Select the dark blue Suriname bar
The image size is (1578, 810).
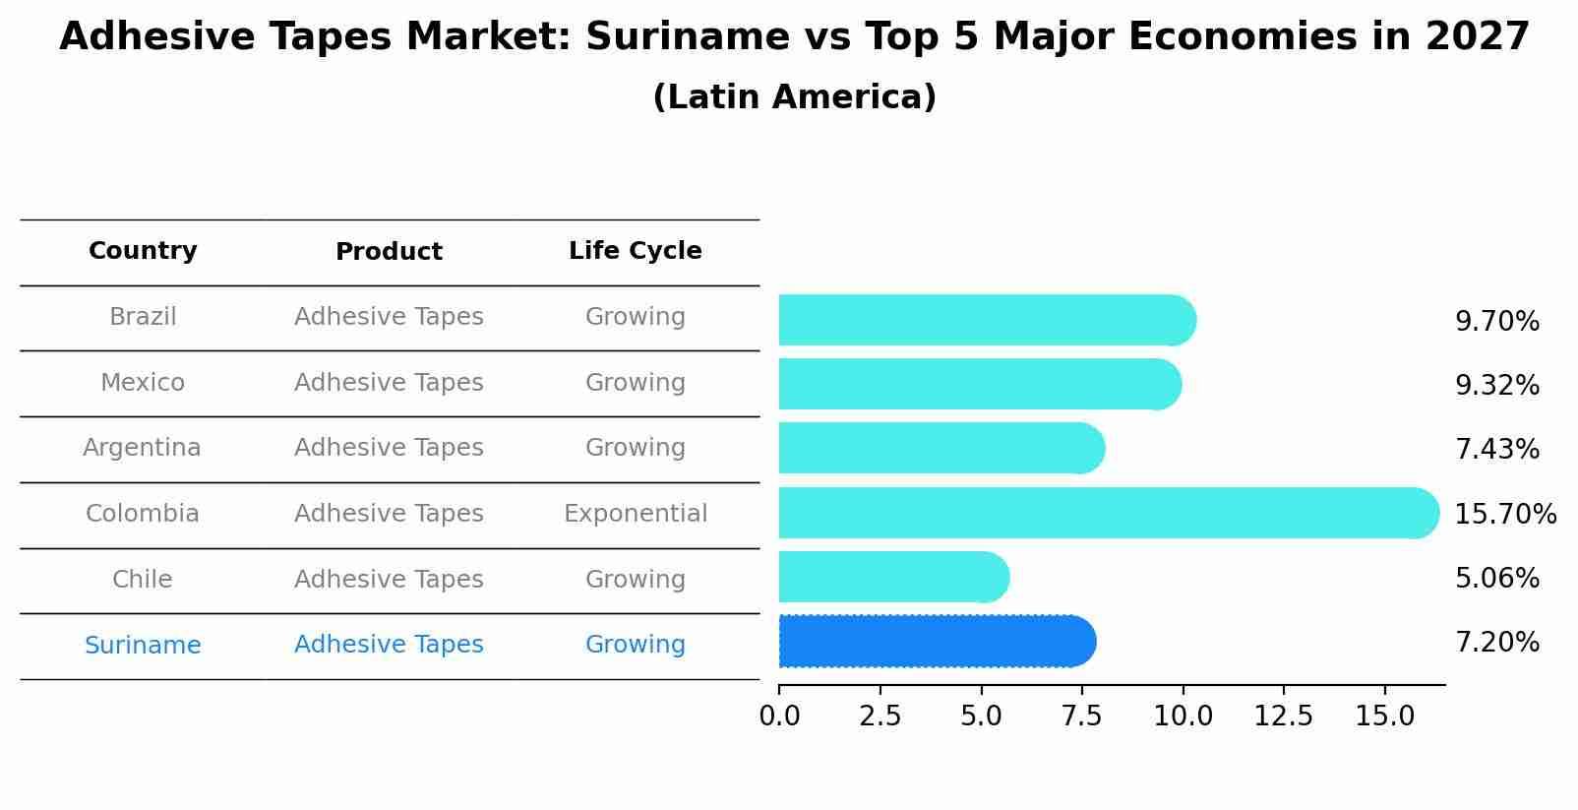(935, 642)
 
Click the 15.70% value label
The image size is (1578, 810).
(1505, 515)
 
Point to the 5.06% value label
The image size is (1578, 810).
(1496, 579)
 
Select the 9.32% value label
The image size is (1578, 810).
(1496, 386)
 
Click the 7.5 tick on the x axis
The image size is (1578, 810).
(1081, 717)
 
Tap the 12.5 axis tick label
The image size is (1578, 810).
(1283, 717)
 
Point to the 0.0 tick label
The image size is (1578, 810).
(779, 717)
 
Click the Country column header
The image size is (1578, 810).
(143, 251)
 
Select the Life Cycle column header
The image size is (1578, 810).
(635, 251)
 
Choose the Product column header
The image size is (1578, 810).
(389, 252)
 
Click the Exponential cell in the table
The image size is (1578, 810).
(635, 514)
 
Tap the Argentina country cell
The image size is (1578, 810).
(142, 448)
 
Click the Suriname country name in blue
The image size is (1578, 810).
(142, 646)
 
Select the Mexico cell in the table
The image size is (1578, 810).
(142, 383)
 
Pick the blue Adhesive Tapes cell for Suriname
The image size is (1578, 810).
(389, 645)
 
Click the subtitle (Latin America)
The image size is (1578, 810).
(794, 97)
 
